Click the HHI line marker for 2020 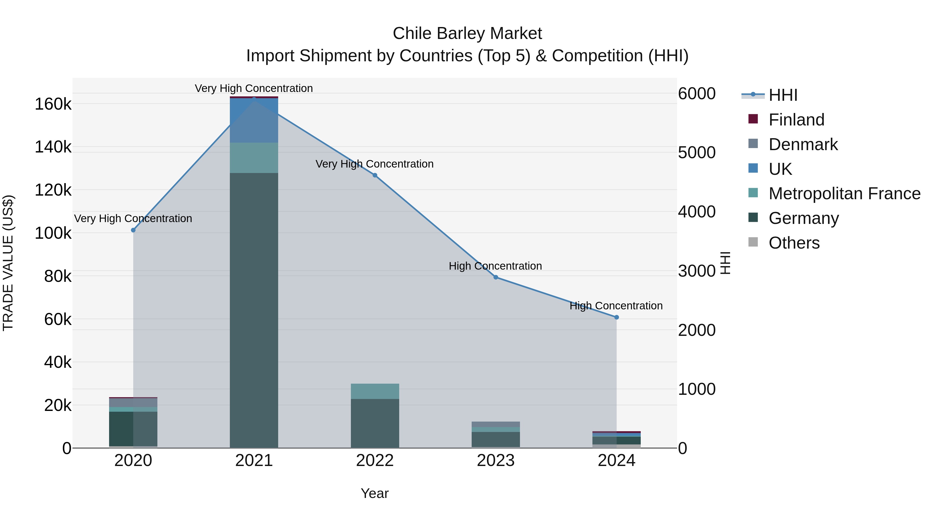133,230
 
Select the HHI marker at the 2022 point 375,175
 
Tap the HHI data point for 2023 496,277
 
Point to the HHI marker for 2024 616,317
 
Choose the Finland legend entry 796,120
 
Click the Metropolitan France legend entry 844,194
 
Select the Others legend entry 794,243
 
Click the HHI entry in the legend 783,95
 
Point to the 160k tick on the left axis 53,104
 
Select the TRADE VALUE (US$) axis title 8,263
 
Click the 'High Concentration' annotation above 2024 616,306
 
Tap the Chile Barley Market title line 467,34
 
